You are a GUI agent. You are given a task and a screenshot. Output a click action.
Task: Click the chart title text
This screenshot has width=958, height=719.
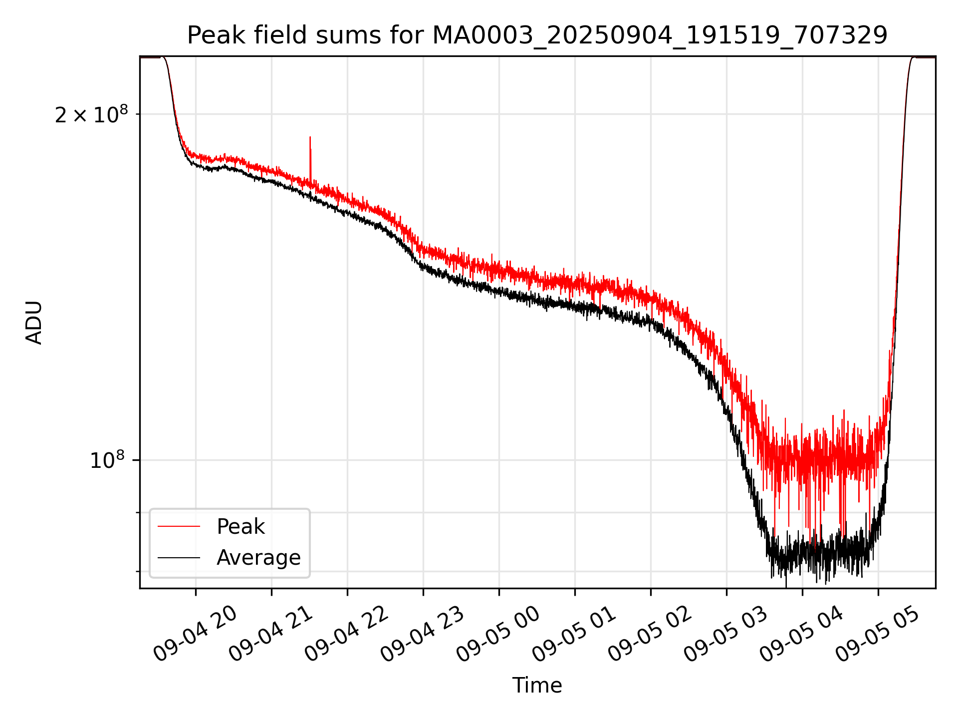click(537, 35)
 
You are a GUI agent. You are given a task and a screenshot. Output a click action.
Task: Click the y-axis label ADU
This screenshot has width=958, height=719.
click(34, 322)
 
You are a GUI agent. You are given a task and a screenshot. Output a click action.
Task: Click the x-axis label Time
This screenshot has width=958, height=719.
click(537, 686)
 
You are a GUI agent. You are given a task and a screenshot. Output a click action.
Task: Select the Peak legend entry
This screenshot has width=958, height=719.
click(240, 527)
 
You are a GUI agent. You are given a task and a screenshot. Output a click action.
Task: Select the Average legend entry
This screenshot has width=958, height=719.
click(258, 558)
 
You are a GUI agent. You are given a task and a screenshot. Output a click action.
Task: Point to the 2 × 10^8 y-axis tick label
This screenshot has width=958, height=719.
click(91, 115)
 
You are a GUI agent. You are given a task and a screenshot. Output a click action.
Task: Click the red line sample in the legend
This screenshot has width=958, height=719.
click(179, 526)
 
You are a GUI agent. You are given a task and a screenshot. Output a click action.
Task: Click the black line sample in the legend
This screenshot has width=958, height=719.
click(179, 558)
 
